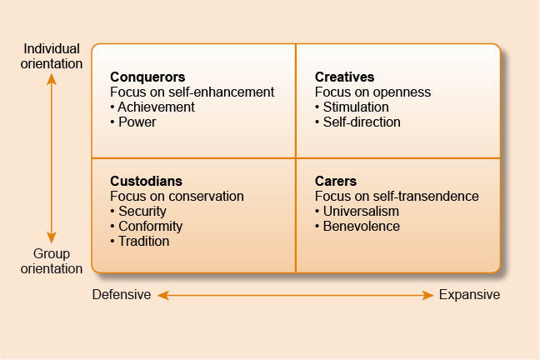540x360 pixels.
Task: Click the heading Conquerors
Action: click(147, 77)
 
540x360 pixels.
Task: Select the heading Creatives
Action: click(344, 77)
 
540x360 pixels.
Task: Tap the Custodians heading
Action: click(146, 181)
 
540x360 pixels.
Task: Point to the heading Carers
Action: click(336, 181)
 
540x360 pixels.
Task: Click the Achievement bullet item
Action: click(152, 107)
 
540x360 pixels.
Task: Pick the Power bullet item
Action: click(133, 122)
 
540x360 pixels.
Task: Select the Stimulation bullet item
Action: click(352, 107)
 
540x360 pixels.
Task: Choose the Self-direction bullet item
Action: click(357, 122)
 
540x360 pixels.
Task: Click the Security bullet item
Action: click(138, 211)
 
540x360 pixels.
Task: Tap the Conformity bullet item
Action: click(147, 227)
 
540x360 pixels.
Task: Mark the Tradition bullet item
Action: click(140, 241)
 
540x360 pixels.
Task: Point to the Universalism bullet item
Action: click(357, 211)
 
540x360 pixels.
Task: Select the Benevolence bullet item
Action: click(357, 227)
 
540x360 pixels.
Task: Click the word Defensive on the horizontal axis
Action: click(122, 295)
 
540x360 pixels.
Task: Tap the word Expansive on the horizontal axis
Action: click(469, 295)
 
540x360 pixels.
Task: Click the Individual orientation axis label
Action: click(52, 56)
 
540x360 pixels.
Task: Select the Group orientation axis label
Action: click(52, 261)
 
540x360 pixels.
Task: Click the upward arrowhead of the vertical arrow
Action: click(52, 79)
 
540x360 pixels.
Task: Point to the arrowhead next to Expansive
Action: click(427, 295)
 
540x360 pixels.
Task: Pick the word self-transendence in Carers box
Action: click(426, 197)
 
